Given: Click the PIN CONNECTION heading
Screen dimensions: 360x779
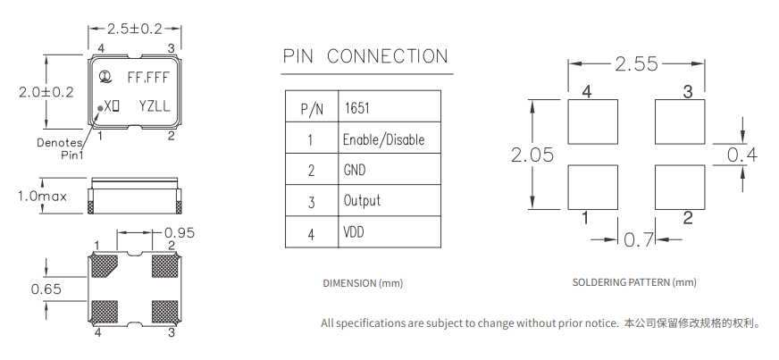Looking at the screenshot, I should (x=365, y=57).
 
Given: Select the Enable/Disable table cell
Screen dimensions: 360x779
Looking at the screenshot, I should (x=383, y=140).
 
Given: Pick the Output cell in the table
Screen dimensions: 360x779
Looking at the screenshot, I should (x=362, y=201).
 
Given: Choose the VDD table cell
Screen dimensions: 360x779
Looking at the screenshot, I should (x=354, y=232).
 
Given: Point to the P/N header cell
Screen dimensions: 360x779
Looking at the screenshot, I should (x=311, y=109).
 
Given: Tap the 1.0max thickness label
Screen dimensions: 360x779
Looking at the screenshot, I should (x=45, y=196).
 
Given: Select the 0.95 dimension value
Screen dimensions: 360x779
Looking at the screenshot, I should (x=179, y=233).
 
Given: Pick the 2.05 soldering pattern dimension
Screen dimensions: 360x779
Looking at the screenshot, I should (x=532, y=154).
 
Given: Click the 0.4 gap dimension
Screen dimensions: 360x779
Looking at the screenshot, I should (x=742, y=155).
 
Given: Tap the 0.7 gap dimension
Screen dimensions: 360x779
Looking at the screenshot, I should (x=638, y=239).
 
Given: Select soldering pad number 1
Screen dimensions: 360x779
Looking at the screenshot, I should (x=594, y=186).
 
